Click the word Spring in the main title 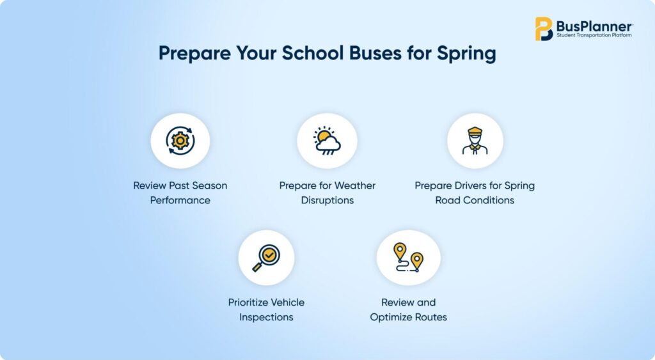466,54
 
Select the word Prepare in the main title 194,54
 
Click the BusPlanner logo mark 544,29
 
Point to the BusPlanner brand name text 594,26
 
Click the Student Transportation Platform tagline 594,36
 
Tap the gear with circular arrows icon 180,141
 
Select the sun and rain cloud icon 327,141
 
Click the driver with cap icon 475,141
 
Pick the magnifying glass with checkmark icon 266,258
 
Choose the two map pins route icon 408,257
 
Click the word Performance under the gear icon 180,201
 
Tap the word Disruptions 327,201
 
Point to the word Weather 354,185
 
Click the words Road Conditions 475,201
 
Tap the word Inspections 266,317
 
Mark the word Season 210,185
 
